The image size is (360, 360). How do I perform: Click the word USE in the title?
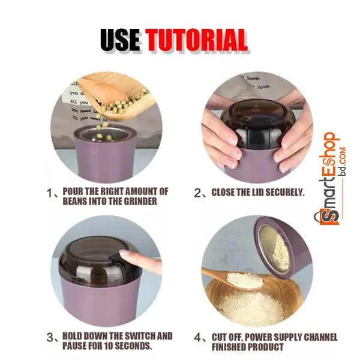121,40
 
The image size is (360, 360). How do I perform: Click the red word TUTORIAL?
197,40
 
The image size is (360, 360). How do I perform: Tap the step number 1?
50,193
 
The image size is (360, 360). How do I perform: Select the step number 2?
197,193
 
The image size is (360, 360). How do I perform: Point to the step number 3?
50,337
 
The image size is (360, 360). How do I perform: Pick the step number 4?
197,337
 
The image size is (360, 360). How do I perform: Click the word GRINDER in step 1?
140,202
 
